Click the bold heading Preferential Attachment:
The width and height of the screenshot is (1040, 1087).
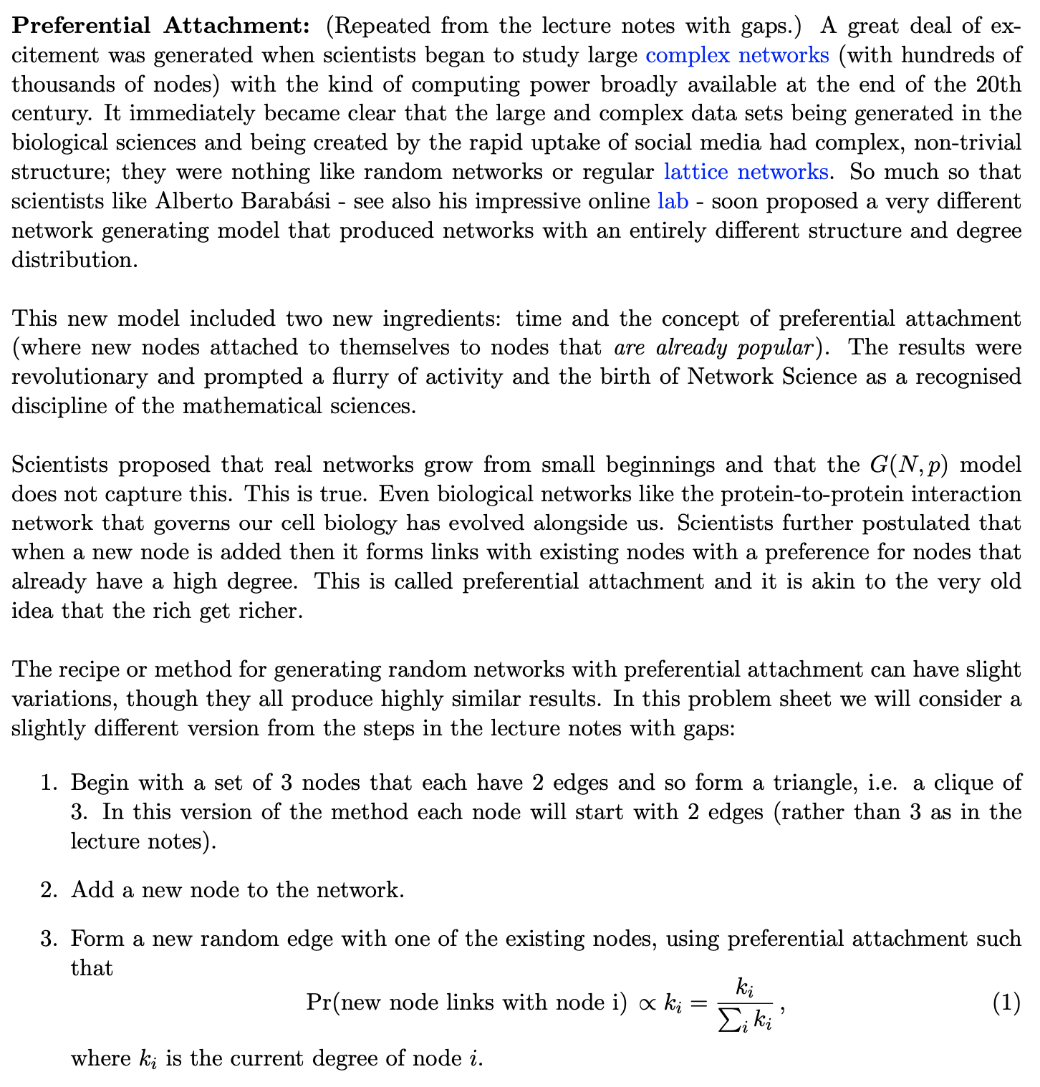[x=161, y=26]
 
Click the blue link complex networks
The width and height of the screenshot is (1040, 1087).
[x=737, y=55]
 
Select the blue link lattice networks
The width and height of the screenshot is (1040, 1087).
[x=745, y=172]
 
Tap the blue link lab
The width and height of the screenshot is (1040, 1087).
[x=673, y=201]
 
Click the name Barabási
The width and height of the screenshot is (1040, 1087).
[x=286, y=201]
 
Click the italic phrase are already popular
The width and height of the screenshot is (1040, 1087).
[x=713, y=348]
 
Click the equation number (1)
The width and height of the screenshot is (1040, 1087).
[x=1006, y=1003]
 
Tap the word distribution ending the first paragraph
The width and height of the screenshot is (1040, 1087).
[x=73, y=260]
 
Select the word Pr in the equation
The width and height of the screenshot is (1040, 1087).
[x=319, y=1003]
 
